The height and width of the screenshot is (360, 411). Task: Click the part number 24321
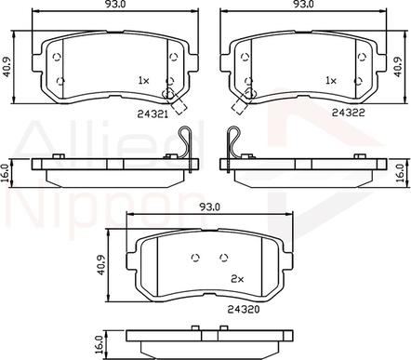click(x=152, y=114)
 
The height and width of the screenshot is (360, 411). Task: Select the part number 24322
click(x=349, y=113)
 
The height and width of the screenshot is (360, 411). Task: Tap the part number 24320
click(x=244, y=309)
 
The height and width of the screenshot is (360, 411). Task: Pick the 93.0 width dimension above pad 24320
click(x=209, y=207)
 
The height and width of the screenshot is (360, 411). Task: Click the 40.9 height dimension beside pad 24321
click(x=7, y=68)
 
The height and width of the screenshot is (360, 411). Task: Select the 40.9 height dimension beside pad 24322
click(x=398, y=66)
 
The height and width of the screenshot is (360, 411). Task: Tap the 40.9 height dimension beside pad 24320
click(x=101, y=265)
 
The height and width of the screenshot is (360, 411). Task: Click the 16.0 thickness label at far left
click(x=6, y=173)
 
